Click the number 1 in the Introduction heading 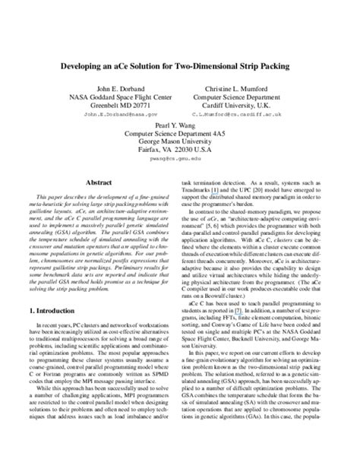coord(30,332)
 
